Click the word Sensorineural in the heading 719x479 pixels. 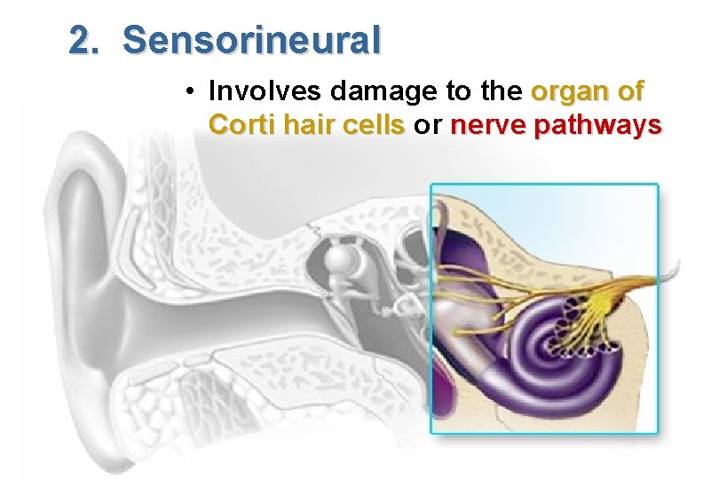(x=252, y=40)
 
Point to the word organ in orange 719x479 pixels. (x=565, y=91)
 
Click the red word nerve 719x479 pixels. (x=488, y=125)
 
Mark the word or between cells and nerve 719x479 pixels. (x=429, y=125)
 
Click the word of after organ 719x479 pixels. (x=633, y=91)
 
